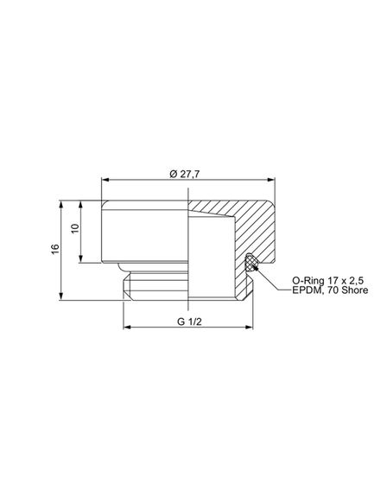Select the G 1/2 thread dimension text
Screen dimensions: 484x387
190,322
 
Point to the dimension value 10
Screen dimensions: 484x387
74,230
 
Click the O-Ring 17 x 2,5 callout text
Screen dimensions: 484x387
329,281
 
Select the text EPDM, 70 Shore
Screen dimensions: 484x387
330,290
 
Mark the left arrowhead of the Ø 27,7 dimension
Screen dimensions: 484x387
105,181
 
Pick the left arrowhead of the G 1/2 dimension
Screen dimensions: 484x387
127,328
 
